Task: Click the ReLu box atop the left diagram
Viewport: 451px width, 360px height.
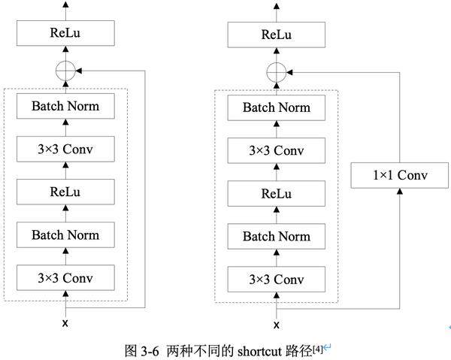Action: click(65, 33)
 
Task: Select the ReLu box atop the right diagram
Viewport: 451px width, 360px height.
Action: click(276, 34)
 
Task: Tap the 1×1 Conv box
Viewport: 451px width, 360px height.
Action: click(400, 176)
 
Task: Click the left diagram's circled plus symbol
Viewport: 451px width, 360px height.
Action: click(65, 71)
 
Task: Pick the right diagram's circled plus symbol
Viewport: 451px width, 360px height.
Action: click(276, 72)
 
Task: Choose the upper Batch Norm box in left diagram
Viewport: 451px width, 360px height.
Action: click(65, 106)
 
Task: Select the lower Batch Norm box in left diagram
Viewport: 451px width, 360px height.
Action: click(65, 235)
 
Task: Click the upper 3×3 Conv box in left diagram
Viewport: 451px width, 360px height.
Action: click(65, 149)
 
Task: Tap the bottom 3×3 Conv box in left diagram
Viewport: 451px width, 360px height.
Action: click(65, 278)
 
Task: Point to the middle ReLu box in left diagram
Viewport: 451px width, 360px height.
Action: click(65, 192)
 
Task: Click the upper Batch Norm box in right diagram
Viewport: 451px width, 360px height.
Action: click(276, 107)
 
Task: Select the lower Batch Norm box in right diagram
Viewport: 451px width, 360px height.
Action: click(276, 237)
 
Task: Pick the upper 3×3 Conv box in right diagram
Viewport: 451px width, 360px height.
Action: click(276, 150)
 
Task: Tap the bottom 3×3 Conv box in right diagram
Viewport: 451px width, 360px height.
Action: click(276, 280)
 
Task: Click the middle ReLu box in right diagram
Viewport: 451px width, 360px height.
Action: click(276, 193)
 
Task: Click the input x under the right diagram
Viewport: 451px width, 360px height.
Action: click(276, 325)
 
